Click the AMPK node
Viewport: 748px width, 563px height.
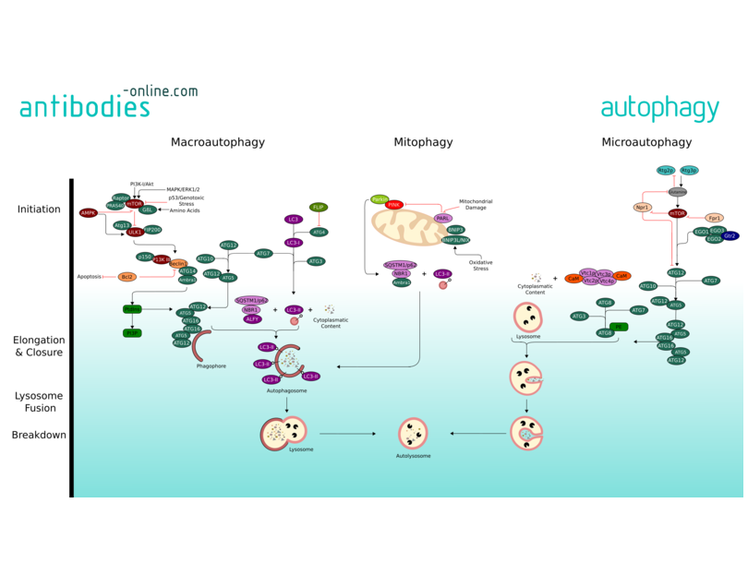tap(89, 213)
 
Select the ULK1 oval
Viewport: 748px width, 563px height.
tap(135, 233)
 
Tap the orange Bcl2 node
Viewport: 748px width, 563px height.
tap(127, 277)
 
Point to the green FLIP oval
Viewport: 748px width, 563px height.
tap(319, 208)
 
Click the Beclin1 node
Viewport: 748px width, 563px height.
tap(179, 264)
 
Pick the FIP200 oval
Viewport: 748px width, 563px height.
tap(152, 230)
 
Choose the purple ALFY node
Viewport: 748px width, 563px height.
tap(252, 319)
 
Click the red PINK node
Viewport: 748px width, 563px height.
tap(394, 205)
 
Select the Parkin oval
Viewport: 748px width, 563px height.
tap(380, 199)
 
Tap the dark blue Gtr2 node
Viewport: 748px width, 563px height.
tap(730, 236)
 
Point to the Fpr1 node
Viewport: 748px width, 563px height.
tap(714, 219)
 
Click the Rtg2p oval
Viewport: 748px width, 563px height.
tap(666, 171)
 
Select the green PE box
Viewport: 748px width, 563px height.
tap(620, 327)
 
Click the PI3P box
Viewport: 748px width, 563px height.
tap(133, 333)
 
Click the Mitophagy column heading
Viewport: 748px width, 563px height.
tap(423, 142)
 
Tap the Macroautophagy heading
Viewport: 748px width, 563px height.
tap(218, 142)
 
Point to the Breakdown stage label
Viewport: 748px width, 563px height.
tap(39, 435)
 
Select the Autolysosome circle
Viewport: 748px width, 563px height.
tap(413, 433)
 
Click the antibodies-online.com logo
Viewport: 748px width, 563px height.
tap(108, 102)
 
